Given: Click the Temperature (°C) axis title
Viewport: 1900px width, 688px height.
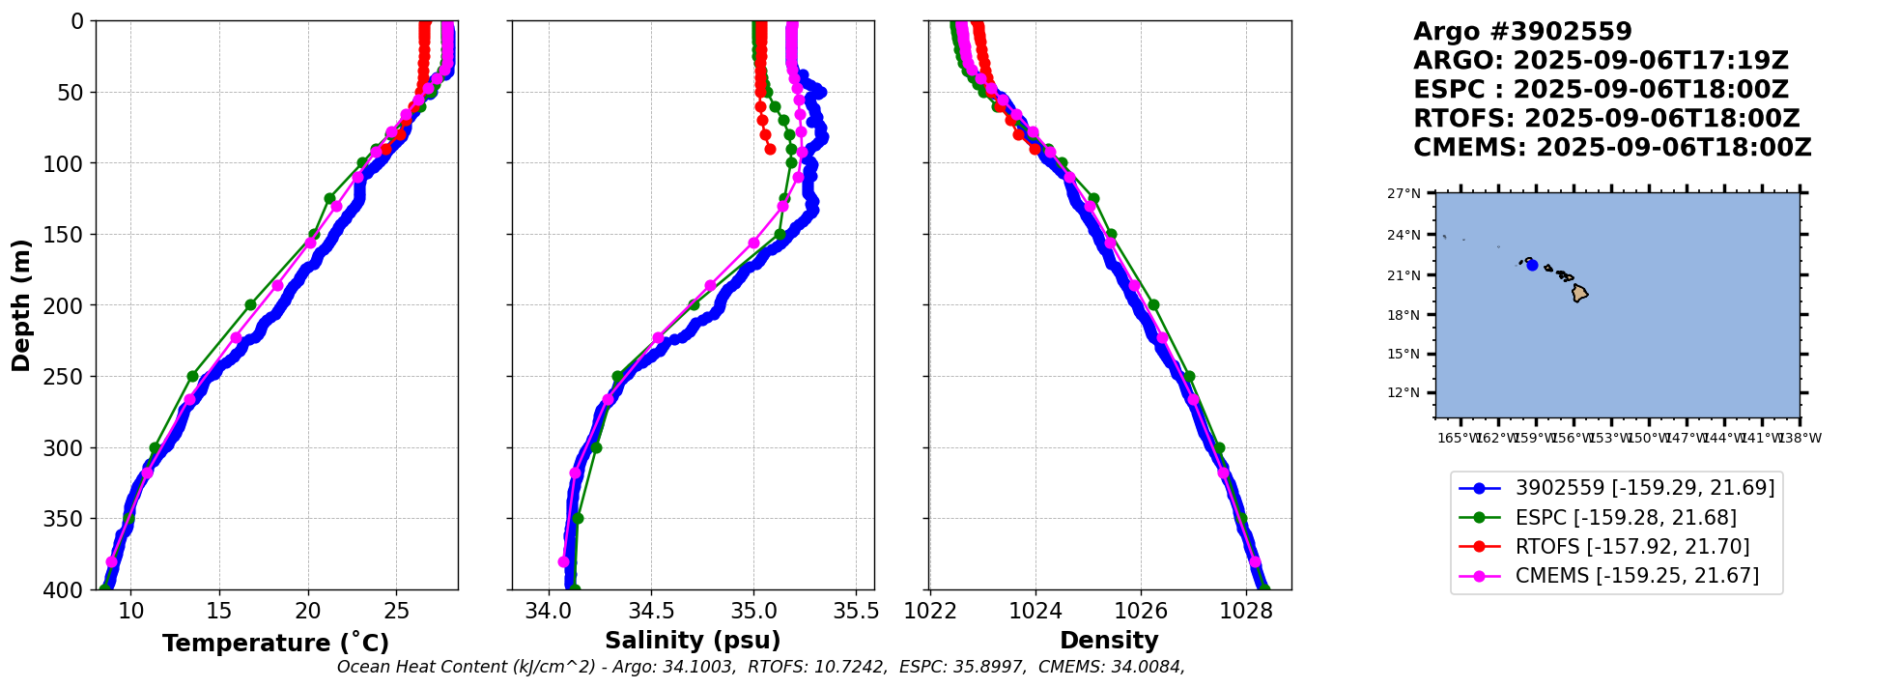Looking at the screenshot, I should (275, 643).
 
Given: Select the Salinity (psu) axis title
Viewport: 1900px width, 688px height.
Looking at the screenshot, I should (693, 640).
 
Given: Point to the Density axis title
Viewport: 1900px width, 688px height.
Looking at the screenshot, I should (1109, 640).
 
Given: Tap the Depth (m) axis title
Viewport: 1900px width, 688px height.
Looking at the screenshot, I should (21, 305).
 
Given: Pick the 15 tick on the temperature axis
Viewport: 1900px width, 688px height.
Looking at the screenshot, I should (219, 611).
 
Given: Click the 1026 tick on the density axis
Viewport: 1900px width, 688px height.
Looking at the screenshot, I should (1141, 611).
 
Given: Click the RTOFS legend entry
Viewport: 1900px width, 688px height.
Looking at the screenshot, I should (1631, 547).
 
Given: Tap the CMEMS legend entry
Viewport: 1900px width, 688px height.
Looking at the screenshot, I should (1636, 576).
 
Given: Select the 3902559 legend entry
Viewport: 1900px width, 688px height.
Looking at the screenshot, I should (1644, 489).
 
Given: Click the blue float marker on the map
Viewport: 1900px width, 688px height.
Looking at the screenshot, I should (1532, 265).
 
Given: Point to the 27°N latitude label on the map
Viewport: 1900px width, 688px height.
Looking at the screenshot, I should (1404, 194).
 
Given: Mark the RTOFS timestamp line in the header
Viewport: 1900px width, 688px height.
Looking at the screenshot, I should (1605, 119).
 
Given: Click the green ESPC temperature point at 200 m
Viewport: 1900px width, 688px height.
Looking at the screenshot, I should (250, 305).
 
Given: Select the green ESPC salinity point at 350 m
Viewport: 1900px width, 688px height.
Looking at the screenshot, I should (578, 518).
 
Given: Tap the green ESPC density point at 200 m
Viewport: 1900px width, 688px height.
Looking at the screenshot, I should (1153, 305).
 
